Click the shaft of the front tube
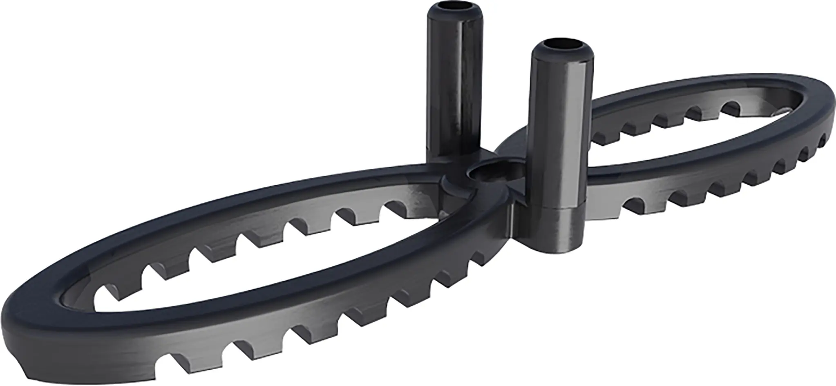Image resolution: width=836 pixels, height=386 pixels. [x=560, y=131]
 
